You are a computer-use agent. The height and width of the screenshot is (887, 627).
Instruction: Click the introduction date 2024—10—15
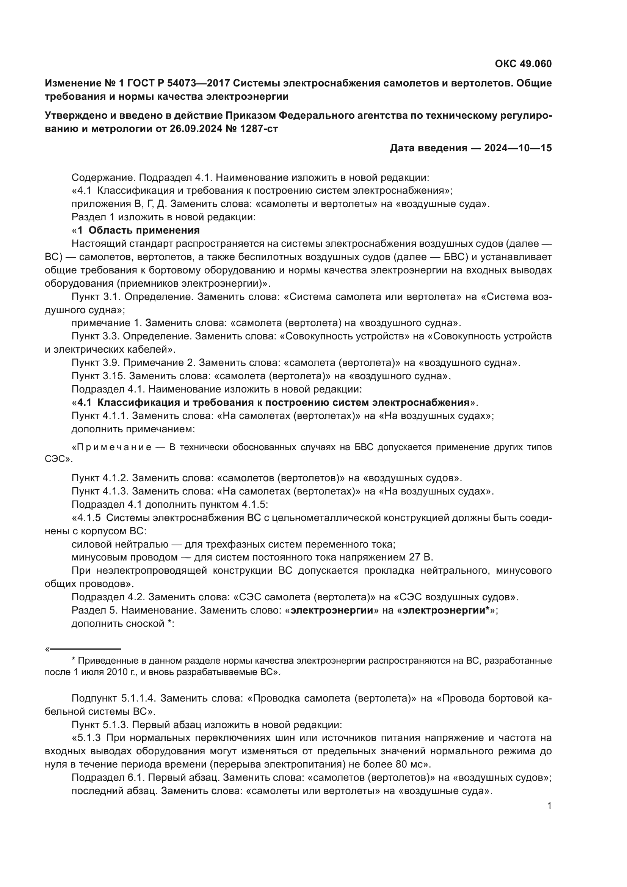pyautogui.click(x=518, y=148)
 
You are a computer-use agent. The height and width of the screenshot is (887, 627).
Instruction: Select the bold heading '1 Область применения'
pyautogui.click(x=139, y=231)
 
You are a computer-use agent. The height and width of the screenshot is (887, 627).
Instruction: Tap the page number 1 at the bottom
pyautogui.click(x=549, y=806)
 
